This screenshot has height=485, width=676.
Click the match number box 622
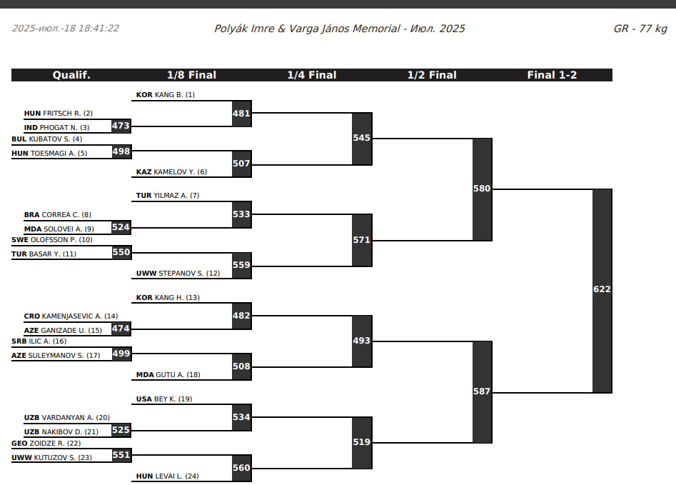tap(602, 290)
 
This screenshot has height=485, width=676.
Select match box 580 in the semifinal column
tap(482, 189)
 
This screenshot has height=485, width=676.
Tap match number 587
tap(482, 391)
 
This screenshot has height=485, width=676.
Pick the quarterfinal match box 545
tap(362, 138)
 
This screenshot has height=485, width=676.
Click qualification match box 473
tap(121, 126)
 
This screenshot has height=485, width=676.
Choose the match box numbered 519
tap(362, 442)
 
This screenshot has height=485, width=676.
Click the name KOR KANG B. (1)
tap(165, 94)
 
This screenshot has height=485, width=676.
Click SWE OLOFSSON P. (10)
tap(52, 240)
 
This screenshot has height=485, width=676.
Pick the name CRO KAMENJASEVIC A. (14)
tap(71, 316)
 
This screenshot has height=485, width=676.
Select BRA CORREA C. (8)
tap(57, 214)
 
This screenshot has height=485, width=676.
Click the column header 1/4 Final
tap(312, 75)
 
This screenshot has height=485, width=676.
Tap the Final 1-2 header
tap(552, 75)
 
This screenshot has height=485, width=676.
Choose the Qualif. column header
tap(71, 75)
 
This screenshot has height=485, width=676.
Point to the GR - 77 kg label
tap(640, 29)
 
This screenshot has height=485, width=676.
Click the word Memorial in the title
tap(378, 29)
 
